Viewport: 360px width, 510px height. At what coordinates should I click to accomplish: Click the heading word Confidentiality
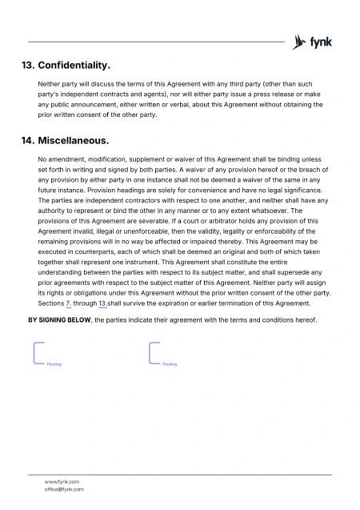[x=74, y=64]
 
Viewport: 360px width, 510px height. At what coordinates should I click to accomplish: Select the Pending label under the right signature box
[x=170, y=364]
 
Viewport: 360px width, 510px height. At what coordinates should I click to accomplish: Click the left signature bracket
[x=36, y=352]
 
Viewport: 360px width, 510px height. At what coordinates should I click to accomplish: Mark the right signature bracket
[x=152, y=352]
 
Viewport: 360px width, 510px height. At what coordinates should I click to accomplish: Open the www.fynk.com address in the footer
[x=62, y=481]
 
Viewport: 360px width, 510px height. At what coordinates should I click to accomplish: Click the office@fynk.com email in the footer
[x=64, y=488]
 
